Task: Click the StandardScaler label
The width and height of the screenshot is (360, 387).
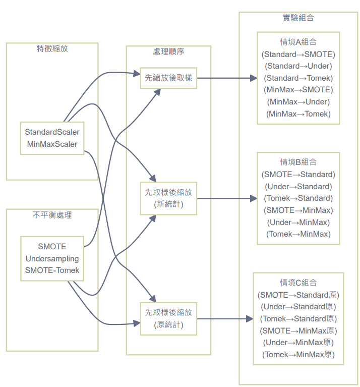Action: coord(52,132)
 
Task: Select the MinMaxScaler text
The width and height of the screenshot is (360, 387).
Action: coord(52,144)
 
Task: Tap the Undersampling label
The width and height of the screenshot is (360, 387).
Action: coord(52,259)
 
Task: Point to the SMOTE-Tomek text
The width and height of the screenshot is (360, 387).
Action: coord(52,270)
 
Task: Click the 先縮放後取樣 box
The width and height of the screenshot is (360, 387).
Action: coord(168,78)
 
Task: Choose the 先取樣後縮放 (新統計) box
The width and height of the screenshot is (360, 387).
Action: coord(168,198)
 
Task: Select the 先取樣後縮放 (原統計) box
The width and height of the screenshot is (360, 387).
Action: coord(168,318)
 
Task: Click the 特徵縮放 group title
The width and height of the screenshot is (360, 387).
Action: coord(52,49)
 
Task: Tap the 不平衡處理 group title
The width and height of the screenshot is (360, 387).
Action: coord(52,215)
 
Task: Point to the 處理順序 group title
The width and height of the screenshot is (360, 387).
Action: coord(168,52)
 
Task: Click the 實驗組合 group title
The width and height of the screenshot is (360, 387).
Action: coord(298,18)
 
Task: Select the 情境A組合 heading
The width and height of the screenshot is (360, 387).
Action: coord(298,42)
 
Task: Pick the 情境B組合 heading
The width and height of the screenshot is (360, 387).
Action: coord(298,162)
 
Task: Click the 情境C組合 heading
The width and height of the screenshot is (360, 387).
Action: coord(298,282)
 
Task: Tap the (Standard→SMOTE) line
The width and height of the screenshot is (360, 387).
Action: coord(298,54)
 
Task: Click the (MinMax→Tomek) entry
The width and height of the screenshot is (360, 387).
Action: coord(298,114)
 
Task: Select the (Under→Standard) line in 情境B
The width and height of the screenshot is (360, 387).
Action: coord(298,186)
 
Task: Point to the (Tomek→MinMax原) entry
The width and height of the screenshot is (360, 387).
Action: coord(298,354)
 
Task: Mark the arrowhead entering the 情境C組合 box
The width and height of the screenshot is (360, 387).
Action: coord(250,319)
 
